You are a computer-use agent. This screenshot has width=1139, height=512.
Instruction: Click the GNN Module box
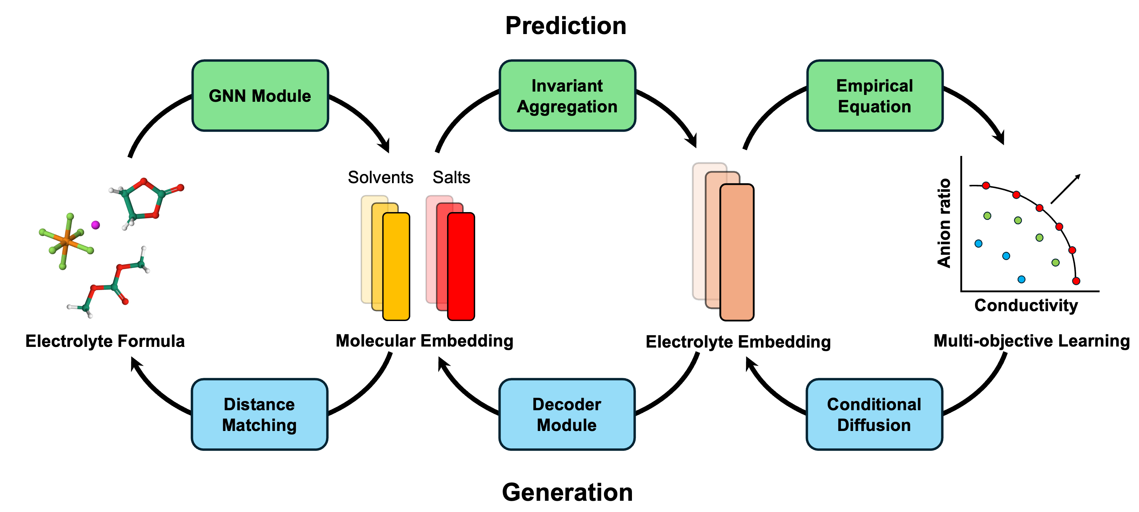click(260, 96)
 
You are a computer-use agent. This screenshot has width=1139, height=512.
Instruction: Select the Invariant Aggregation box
click(567, 96)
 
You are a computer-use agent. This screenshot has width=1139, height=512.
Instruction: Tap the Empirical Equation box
click(875, 96)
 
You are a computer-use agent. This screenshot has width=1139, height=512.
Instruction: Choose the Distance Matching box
click(260, 414)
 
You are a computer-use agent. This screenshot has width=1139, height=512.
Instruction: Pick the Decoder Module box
click(567, 414)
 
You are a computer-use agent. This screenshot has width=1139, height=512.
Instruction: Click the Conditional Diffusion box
click(874, 414)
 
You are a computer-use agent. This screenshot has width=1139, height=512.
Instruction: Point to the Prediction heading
click(566, 26)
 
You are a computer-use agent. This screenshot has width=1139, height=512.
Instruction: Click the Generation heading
click(567, 492)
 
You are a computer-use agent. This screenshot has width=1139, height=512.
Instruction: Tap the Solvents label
click(380, 177)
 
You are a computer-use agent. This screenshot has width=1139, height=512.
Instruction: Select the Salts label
click(451, 177)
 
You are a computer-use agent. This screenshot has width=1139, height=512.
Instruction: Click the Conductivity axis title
click(1026, 305)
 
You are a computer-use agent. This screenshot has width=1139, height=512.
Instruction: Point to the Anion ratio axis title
click(944, 223)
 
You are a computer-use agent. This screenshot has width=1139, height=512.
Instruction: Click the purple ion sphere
click(96, 225)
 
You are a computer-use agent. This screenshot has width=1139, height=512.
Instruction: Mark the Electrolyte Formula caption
click(105, 341)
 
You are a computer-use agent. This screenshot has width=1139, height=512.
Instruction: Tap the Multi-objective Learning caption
click(1031, 340)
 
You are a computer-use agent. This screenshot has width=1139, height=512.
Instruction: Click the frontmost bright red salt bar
click(461, 266)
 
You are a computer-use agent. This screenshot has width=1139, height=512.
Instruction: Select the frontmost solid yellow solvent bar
click(396, 266)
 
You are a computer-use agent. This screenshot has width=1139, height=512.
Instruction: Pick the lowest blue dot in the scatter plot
click(1021, 279)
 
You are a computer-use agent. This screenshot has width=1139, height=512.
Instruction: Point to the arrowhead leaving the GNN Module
click(384, 146)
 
